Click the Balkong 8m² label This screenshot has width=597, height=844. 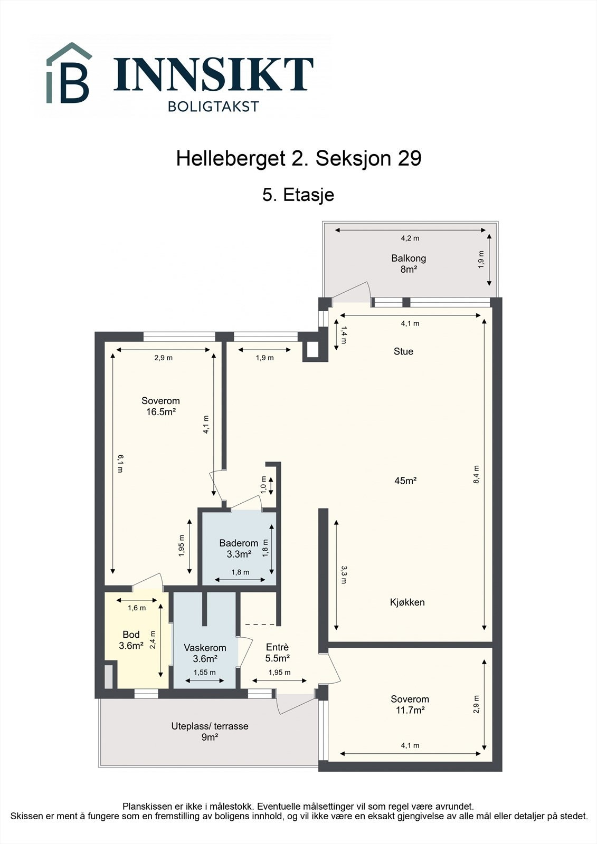(408, 264)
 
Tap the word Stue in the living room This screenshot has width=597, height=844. (403, 351)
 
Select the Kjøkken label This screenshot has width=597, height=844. (407, 602)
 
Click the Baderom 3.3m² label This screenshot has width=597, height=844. (239, 549)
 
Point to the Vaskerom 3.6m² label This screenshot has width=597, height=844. (205, 653)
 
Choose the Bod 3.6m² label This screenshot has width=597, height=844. (131, 640)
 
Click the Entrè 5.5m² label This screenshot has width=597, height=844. (277, 653)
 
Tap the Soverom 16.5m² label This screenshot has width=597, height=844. (160, 406)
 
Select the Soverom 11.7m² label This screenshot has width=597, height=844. (410, 704)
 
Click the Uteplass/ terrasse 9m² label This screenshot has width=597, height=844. (210, 731)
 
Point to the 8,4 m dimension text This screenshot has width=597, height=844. (476, 474)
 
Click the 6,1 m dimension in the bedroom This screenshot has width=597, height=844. (121, 463)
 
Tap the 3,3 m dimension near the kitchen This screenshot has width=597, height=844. (344, 574)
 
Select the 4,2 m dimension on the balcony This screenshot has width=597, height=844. (410, 238)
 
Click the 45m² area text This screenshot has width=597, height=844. (405, 481)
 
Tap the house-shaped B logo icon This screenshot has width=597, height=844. (69, 74)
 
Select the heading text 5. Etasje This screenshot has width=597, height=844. (298, 195)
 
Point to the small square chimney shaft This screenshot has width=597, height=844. (311, 349)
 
